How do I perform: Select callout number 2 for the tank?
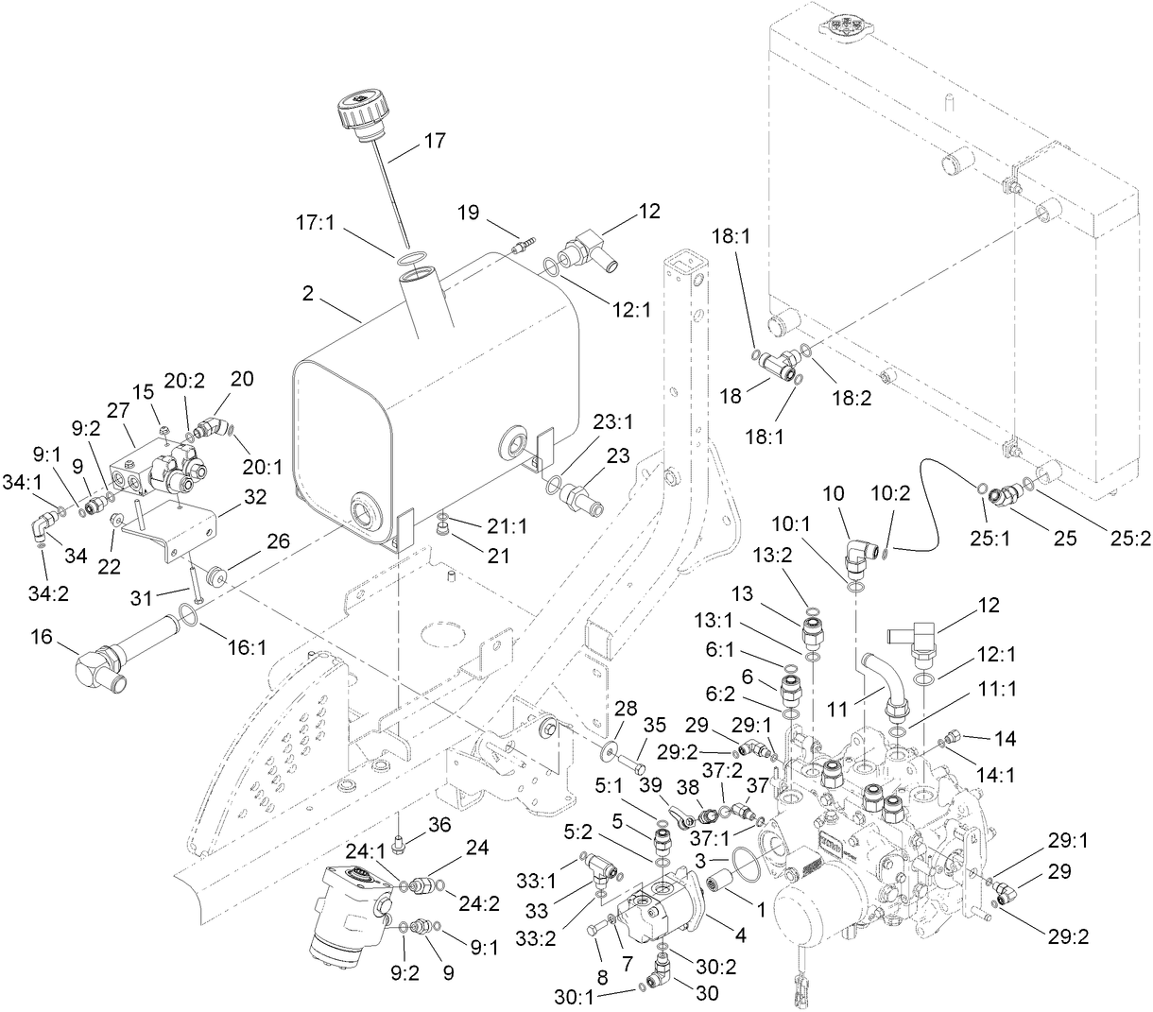(308, 293)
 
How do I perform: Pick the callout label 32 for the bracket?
(255, 496)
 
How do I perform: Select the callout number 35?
(655, 725)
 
